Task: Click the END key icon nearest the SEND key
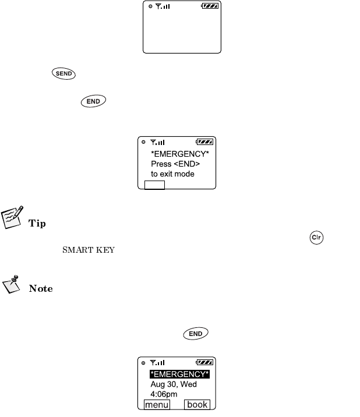pos(93,101)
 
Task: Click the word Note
pos(40,288)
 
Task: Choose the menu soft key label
pos(157,405)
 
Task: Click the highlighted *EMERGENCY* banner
pos(179,373)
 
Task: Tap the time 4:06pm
pos(164,394)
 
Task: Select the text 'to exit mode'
pos(172,174)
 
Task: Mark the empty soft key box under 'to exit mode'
pos(155,185)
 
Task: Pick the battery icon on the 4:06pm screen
pos(204,362)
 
